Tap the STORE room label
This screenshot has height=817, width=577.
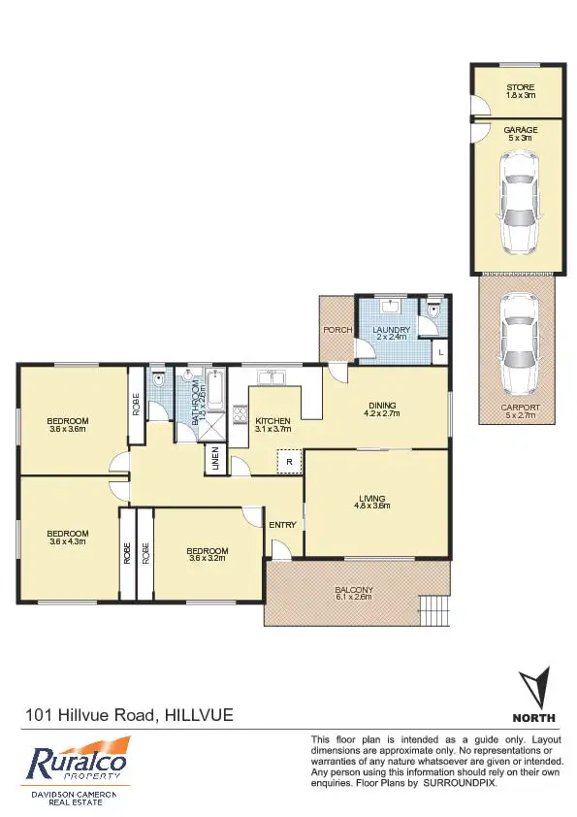pyautogui.click(x=520, y=88)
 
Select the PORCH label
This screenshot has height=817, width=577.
pyautogui.click(x=337, y=330)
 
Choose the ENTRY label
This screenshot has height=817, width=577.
pyautogui.click(x=282, y=525)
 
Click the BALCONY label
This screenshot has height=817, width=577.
pyautogui.click(x=354, y=590)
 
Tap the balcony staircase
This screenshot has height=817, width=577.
pyautogui.click(x=435, y=610)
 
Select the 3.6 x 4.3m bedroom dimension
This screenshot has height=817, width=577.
pyautogui.click(x=68, y=541)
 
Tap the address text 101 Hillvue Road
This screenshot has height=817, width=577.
pyautogui.click(x=91, y=715)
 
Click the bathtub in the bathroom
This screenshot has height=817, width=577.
pyautogui.click(x=216, y=391)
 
